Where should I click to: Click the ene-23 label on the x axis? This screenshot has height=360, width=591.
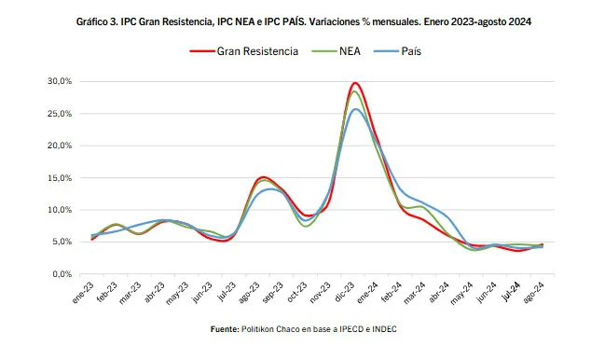[x=83, y=291]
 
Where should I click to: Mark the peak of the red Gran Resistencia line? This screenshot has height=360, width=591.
[x=355, y=83]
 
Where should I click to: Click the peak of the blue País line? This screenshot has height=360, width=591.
[x=355, y=109]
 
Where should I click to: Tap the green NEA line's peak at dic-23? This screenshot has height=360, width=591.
[x=355, y=91]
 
